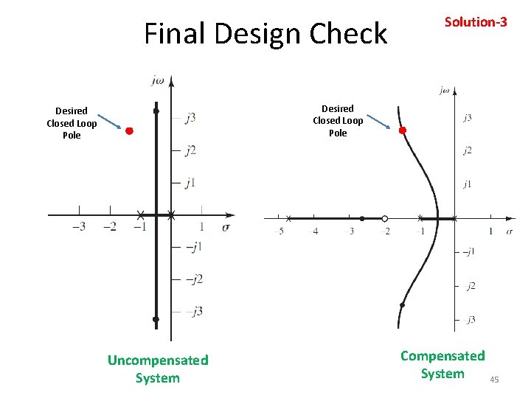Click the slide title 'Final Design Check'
[x=265, y=34]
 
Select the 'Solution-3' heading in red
[x=475, y=22]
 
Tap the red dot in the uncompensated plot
[x=128, y=131]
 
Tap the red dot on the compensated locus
[x=403, y=130]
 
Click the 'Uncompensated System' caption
[x=158, y=369]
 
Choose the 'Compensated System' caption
[x=442, y=365]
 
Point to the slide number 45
[x=494, y=380]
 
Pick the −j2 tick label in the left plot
[x=193, y=279]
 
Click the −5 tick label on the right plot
[x=279, y=231]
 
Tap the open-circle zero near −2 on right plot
[x=384, y=218]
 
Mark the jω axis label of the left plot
[x=158, y=80]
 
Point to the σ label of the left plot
[x=226, y=227]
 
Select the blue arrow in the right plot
[x=378, y=121]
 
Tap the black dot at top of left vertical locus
[x=156, y=111]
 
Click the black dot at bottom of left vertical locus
[x=156, y=319]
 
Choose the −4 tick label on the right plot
[x=315, y=231]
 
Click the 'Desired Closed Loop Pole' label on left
[x=72, y=123]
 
